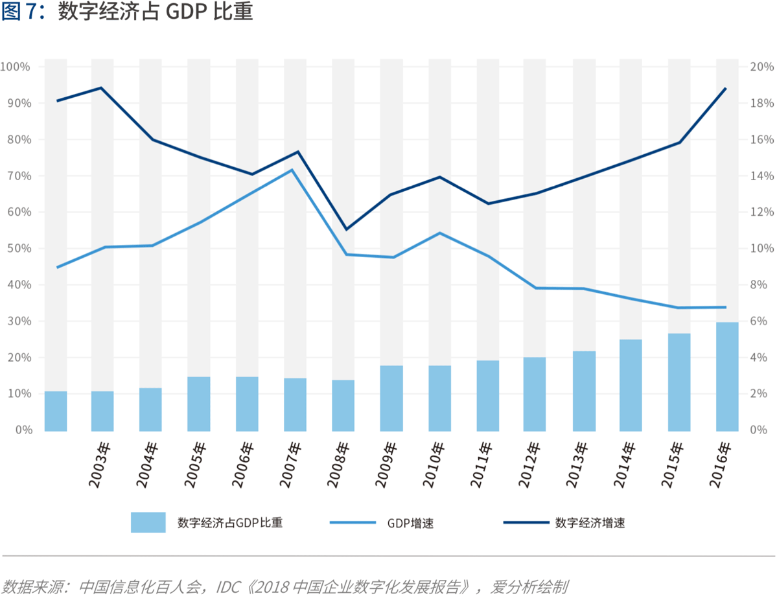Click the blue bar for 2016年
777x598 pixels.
pos(726,376)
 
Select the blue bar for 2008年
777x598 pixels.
pos(343,406)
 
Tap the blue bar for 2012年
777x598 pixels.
pos(535,394)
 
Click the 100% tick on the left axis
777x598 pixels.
pos(16,67)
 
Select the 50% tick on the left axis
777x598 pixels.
pos(18,249)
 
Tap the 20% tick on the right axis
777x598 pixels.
pos(762,67)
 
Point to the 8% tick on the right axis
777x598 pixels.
pos(760,285)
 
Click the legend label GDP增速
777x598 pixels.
pos(410,523)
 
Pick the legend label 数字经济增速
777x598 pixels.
pos(590,522)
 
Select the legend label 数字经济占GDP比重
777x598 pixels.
pos(230,522)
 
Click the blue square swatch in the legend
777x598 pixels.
pos(148,522)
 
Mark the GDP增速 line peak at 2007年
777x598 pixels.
pos(292,170)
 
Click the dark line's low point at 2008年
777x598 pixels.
pos(345,229)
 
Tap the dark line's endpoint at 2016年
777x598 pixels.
pos(725,89)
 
